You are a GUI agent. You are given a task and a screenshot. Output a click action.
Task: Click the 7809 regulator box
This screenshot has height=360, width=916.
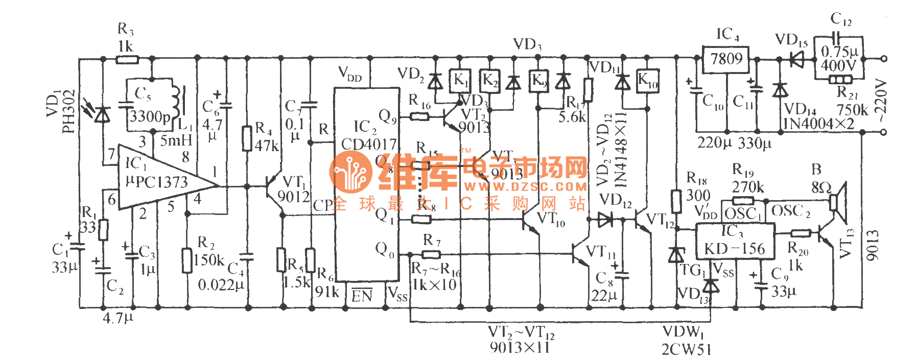[725, 60]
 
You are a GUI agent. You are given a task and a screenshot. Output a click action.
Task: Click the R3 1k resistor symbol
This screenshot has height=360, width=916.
[127, 59]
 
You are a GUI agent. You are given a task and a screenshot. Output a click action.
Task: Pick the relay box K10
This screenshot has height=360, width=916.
[647, 81]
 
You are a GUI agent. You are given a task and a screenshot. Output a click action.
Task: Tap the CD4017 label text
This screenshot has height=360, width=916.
[368, 145]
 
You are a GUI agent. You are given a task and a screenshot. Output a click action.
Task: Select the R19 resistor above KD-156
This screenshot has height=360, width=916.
[743, 201]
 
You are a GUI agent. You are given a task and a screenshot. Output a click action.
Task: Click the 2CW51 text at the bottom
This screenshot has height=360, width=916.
[686, 350]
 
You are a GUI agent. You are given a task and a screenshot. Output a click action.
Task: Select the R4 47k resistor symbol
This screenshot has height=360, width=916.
[247, 138]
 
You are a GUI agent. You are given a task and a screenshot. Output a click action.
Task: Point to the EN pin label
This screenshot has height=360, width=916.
[362, 296]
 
